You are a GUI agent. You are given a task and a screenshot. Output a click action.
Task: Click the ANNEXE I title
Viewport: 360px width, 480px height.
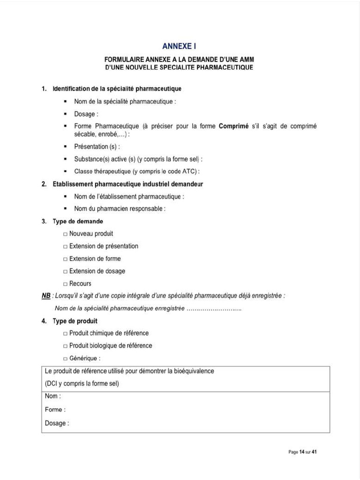pyautogui.click(x=179, y=46)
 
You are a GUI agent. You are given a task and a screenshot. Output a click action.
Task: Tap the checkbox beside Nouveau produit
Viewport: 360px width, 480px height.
pyautogui.click(x=65, y=234)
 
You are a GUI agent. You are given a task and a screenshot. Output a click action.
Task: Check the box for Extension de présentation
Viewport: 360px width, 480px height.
pyautogui.click(x=65, y=247)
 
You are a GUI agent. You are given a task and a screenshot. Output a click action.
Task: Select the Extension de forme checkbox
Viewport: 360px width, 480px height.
pyautogui.click(x=65, y=259)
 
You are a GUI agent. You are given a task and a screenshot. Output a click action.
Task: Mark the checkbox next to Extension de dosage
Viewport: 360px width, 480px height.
pyautogui.click(x=65, y=271)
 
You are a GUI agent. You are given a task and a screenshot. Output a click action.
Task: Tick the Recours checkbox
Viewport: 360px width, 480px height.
pyautogui.click(x=65, y=284)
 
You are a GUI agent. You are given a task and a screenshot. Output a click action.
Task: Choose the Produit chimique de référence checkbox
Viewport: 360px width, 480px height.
pyautogui.click(x=65, y=333)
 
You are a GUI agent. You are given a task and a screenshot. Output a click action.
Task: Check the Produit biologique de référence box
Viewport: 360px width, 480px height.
pyautogui.click(x=65, y=346)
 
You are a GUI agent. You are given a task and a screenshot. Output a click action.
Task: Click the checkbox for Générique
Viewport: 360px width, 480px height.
pyautogui.click(x=65, y=359)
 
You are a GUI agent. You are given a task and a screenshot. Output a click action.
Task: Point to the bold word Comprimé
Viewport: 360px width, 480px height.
pyautogui.click(x=233, y=126)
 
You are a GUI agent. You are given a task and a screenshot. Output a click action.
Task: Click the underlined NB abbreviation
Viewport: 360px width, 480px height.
pyautogui.click(x=45, y=296)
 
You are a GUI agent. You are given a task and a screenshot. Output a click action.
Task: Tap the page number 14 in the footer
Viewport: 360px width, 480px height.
pyautogui.click(x=302, y=452)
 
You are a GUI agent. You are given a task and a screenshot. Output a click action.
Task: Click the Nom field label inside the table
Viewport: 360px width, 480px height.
pyautogui.click(x=52, y=396)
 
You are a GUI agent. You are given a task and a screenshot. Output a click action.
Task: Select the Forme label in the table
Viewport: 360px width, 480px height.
pyautogui.click(x=55, y=410)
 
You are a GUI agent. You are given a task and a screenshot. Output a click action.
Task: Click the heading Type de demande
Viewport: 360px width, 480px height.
pyautogui.click(x=78, y=221)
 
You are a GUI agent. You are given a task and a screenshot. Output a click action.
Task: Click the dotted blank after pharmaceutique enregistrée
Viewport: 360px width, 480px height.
pyautogui.click(x=214, y=308)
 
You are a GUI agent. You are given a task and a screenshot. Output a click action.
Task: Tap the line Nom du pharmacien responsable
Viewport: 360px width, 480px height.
pyautogui.click(x=120, y=209)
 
